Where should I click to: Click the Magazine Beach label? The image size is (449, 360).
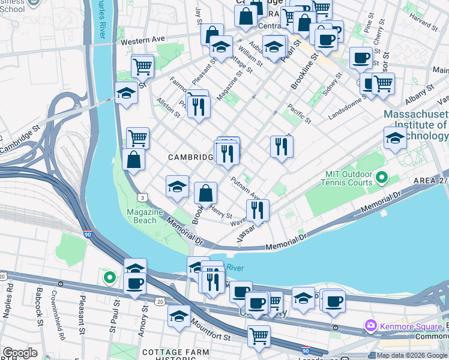tap(142, 216)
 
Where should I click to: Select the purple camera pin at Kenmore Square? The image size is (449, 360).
tap(370, 326)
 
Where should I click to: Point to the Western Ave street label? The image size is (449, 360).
tap(142, 40)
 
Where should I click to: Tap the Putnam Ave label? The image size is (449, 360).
tap(246, 187)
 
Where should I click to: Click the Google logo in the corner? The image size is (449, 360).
tap(20, 353)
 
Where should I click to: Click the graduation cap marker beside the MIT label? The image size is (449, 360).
tap(395, 138)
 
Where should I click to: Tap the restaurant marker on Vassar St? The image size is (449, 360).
tap(258, 210)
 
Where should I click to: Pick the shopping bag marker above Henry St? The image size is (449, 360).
tap(205, 193)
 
